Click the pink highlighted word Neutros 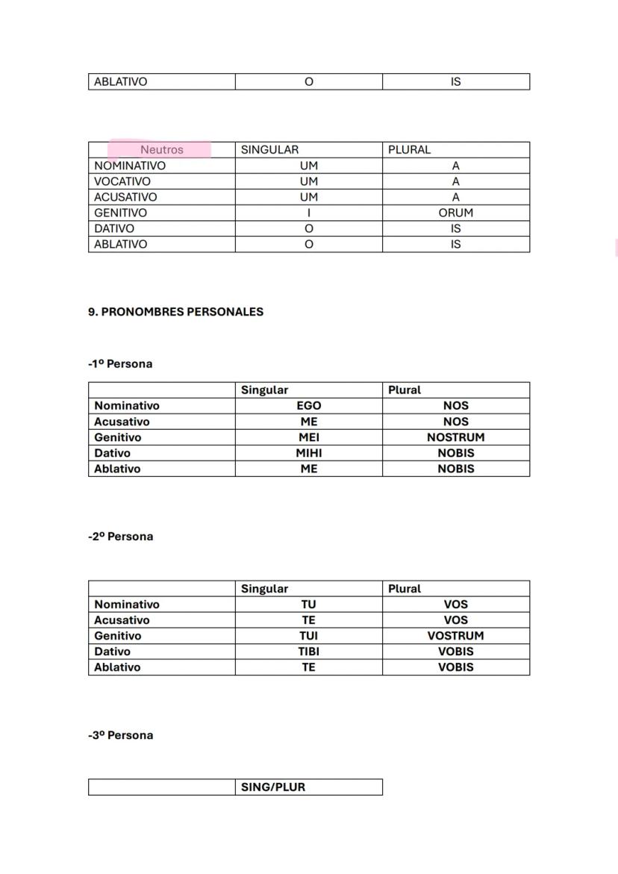161,150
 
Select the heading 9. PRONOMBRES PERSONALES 175,312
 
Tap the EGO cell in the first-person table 308,406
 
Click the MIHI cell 308,453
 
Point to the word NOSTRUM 455,437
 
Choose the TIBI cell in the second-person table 308,652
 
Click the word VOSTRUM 455,636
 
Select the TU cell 308,605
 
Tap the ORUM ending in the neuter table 455,213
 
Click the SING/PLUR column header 273,787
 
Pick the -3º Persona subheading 120,735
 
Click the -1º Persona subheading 119,364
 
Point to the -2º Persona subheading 120,537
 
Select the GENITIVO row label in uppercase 120,213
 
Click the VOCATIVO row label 122,181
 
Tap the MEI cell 308,437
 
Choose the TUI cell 308,636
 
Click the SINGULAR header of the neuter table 269,150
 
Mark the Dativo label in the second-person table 112,652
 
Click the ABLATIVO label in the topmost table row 120,82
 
